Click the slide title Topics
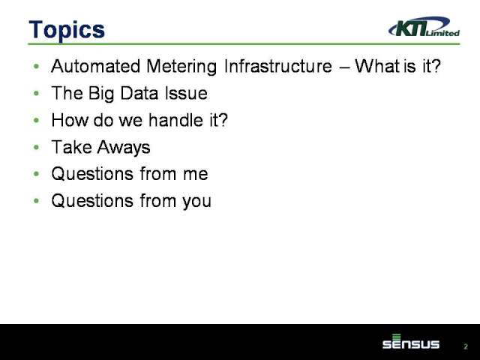[x=67, y=30]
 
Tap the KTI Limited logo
[x=424, y=27]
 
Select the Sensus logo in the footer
[x=411, y=342]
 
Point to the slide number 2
[x=466, y=346]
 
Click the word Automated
[x=96, y=66]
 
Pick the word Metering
[x=181, y=67]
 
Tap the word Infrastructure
[x=278, y=66]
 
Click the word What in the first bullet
[x=377, y=66]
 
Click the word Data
[x=139, y=93]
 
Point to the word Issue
[x=186, y=93]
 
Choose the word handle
[x=175, y=120]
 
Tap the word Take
[x=72, y=147]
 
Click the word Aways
[x=124, y=148]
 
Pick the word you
[x=196, y=202]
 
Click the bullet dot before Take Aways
[x=37, y=148]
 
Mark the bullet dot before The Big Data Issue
[x=37, y=93]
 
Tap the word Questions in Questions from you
[x=92, y=201]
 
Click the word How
[x=70, y=120]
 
